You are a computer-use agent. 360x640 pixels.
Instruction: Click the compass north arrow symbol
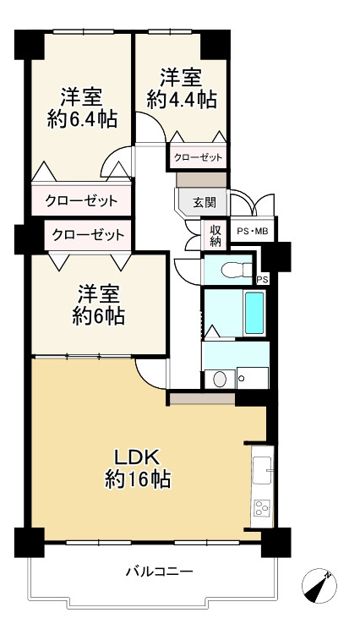319,586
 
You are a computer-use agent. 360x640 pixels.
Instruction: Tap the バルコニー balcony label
159,571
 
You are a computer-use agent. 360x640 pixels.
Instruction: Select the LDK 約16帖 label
138,469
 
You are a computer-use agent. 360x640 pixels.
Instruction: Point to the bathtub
254,313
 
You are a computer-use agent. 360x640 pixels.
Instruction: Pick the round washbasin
220,380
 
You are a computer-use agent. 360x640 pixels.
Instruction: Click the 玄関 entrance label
204,202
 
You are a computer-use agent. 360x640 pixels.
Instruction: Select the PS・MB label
253,232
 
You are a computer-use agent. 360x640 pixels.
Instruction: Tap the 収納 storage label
215,236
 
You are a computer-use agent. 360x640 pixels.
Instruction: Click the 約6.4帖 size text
82,120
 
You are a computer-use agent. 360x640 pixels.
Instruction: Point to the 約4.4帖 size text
181,99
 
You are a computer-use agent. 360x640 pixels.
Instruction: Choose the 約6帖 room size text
99,315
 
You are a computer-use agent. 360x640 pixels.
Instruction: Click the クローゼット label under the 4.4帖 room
199,157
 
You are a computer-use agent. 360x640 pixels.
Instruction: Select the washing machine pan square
253,378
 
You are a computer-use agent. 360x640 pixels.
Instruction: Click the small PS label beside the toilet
262,280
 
